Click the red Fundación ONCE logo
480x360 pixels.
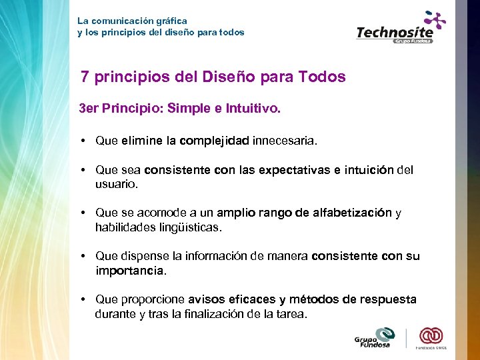click(x=431, y=337)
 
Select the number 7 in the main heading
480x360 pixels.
click(x=85, y=77)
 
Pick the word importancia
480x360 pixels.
click(x=129, y=271)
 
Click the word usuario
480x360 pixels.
click(x=116, y=184)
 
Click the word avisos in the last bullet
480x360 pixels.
click(x=208, y=299)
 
